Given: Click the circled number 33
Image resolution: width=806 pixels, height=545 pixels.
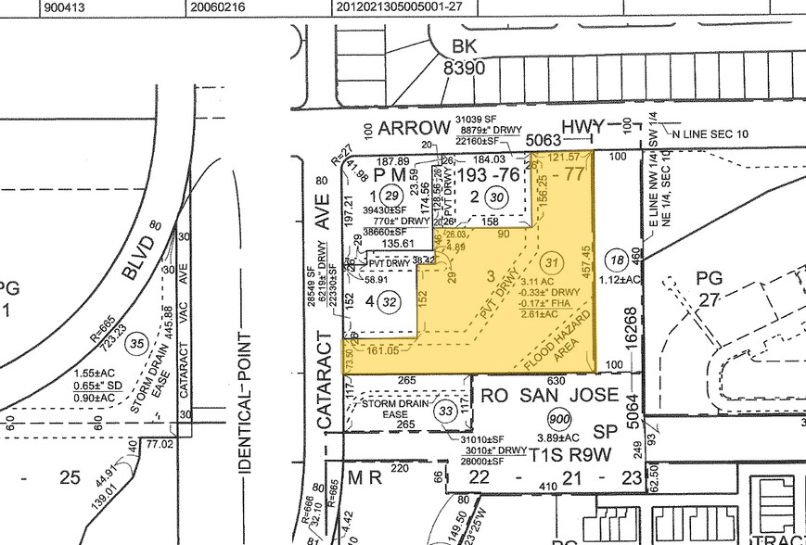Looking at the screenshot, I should pyautogui.click(x=448, y=411).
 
